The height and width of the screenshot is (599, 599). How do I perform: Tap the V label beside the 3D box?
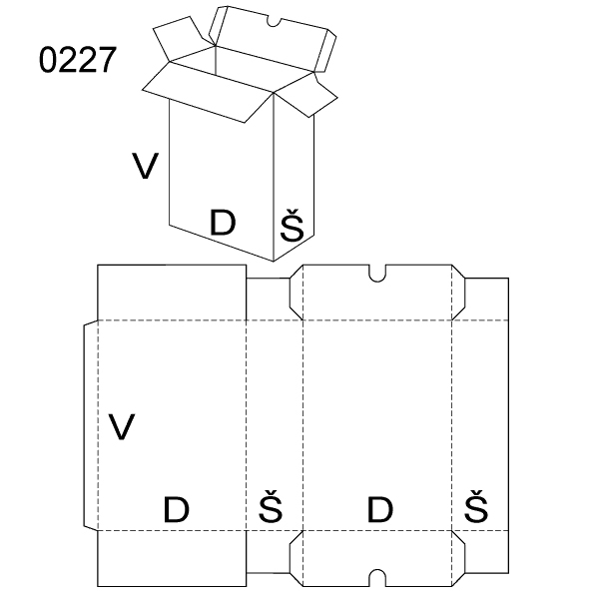click(146, 166)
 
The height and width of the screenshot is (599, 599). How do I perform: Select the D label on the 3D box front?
click(223, 224)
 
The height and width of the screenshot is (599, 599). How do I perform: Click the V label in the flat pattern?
click(122, 426)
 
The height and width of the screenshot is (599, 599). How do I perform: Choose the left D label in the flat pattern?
click(176, 510)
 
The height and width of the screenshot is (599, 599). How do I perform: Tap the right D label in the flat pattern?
click(379, 510)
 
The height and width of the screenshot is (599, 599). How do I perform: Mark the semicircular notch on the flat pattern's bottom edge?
click(377, 576)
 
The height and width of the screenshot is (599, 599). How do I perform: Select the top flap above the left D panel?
click(172, 292)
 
